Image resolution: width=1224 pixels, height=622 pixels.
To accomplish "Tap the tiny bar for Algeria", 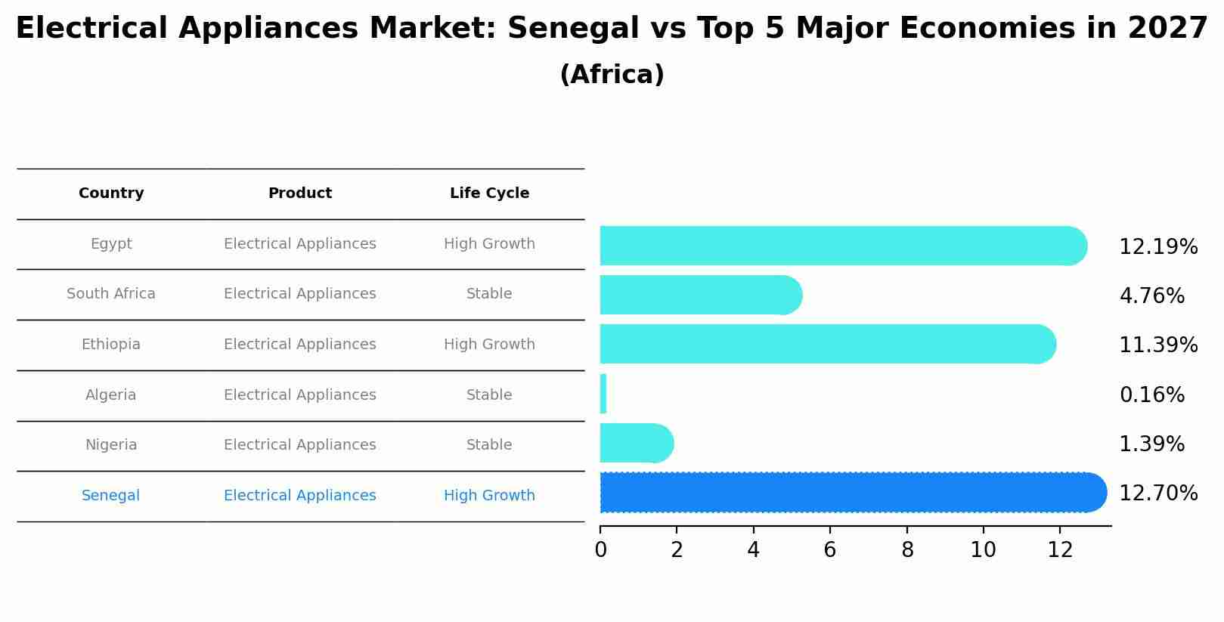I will coord(603,394).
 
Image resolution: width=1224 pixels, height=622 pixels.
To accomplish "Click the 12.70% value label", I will coord(1157,494).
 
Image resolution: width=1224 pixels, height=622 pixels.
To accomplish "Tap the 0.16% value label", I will coord(1151,395).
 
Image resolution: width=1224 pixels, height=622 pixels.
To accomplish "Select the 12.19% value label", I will coord(1157,247).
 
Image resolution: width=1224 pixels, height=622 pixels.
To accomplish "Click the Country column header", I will coord(111,193).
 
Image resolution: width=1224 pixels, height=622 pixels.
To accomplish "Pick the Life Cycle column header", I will coord(489,193).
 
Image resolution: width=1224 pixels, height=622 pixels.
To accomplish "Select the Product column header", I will coord(300,193).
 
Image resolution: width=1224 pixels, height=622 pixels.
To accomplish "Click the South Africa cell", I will coord(111,294).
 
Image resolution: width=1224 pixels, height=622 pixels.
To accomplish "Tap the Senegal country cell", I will coord(111,496).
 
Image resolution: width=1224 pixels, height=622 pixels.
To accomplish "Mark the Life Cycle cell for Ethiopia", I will coord(489,345).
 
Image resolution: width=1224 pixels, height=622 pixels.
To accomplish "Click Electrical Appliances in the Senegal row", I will coord(300,496).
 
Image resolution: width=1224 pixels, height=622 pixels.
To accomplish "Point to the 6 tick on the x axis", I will coord(829,550).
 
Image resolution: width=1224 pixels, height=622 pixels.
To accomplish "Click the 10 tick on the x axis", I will coord(983,550).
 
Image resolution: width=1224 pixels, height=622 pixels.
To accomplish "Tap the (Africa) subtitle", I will coord(612,75).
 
